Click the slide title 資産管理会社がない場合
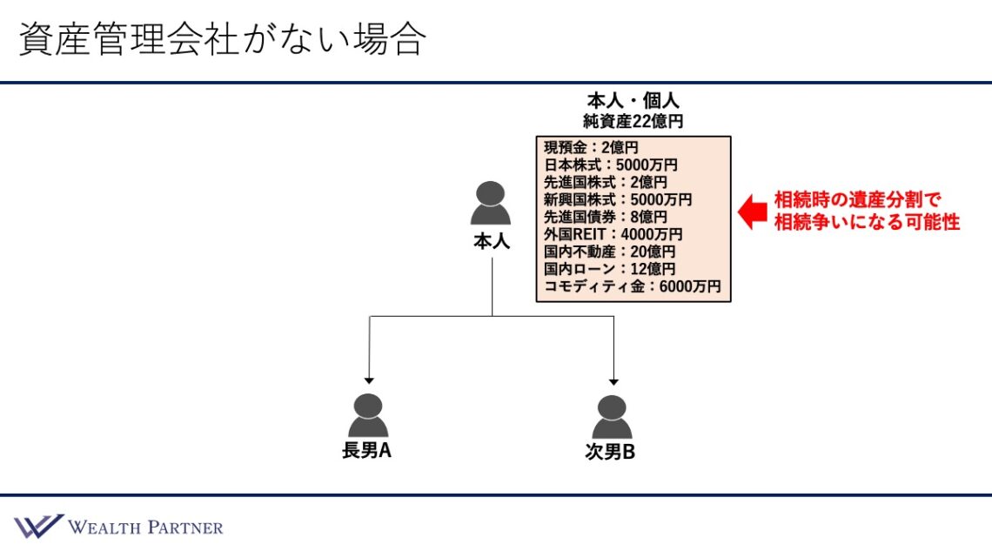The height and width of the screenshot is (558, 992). tap(221, 40)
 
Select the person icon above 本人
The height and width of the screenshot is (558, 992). tap(491, 204)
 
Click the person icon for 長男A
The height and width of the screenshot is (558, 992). tap(368, 415)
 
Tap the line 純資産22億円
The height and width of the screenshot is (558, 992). tap(633, 121)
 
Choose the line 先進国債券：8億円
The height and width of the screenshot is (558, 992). tap(606, 217)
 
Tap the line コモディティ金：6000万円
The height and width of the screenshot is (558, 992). tap(632, 286)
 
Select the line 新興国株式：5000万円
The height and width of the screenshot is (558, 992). tap(618, 199)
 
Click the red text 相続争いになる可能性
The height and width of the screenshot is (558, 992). tap(867, 222)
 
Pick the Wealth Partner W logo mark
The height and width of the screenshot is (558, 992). tap(37, 527)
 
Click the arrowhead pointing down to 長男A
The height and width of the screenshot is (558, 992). tap(369, 380)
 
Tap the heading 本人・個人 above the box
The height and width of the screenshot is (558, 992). tap(633, 100)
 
